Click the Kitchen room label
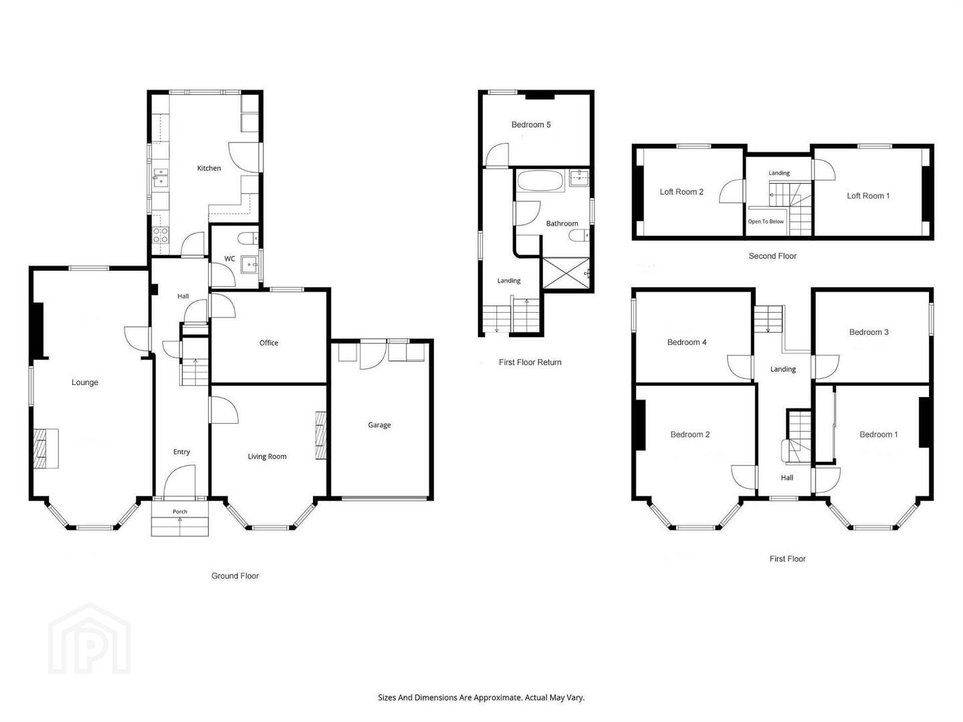(209, 168)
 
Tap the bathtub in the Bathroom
(540, 180)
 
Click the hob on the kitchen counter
(160, 235)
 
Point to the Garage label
(379, 425)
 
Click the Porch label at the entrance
(180, 511)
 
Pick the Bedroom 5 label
(531, 124)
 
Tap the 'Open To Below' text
(766, 221)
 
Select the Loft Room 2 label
(681, 192)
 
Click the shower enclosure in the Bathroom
(566, 273)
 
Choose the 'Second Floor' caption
(772, 256)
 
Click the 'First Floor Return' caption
(530, 362)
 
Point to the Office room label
(268, 343)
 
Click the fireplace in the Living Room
(321, 435)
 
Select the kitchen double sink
(160, 178)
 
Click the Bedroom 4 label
(687, 342)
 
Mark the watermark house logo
(90, 638)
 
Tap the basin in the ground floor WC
(249, 265)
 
